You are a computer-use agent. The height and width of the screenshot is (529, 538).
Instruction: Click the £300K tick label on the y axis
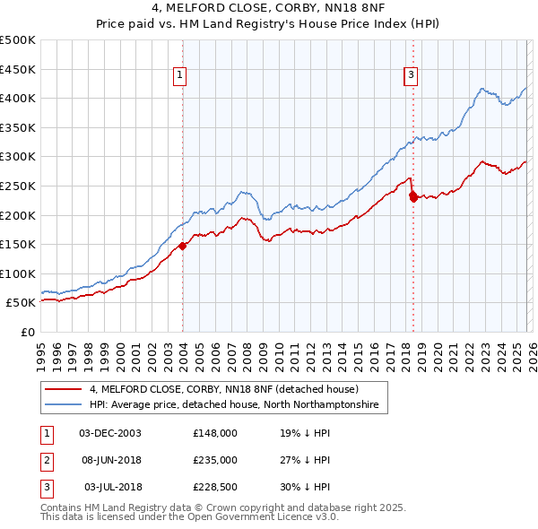point(18,157)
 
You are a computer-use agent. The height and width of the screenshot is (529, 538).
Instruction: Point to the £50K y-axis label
point(21,303)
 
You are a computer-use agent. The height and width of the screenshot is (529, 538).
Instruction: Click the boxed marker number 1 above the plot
point(181,76)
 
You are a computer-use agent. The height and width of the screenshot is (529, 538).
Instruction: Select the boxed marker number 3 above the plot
point(411,76)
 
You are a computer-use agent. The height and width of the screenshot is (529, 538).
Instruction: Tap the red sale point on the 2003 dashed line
point(182,245)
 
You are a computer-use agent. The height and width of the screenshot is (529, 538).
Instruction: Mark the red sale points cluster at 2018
point(412,195)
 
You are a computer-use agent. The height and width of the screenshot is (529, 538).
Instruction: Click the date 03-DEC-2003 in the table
point(110,432)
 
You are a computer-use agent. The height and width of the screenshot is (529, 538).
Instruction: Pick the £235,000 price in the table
point(215,460)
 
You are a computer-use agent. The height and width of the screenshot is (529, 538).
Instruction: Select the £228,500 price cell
point(215,487)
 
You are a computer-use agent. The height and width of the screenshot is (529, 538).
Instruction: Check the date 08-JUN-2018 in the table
point(110,460)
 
